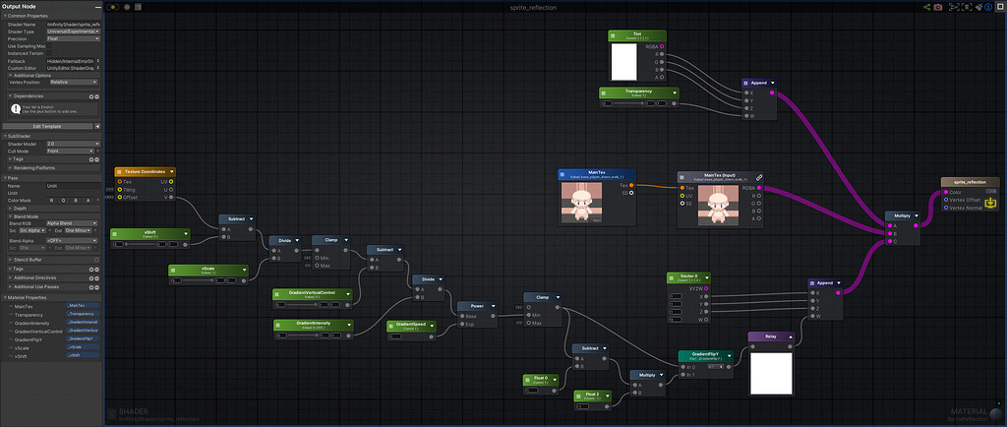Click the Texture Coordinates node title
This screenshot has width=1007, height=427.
click(144, 171)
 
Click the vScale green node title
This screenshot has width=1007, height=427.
click(207, 269)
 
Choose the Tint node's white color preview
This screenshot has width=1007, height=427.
click(623, 62)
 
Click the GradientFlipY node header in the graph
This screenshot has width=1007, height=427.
click(705, 354)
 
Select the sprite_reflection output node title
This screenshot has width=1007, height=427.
click(970, 182)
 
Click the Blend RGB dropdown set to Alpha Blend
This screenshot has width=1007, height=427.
click(73, 223)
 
